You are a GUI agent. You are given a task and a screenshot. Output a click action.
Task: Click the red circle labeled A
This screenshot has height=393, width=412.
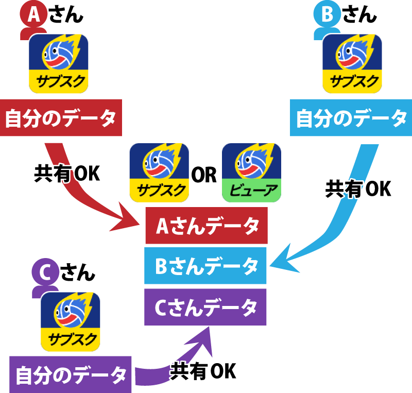[33, 14]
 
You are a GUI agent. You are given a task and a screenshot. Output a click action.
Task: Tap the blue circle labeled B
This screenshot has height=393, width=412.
[327, 14]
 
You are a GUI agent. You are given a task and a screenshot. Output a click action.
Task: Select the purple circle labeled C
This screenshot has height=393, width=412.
[45, 273]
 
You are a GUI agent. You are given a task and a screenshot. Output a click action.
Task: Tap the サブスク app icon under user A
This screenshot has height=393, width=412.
[59, 63]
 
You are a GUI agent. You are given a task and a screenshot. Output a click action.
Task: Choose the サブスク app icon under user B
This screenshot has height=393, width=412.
[352, 63]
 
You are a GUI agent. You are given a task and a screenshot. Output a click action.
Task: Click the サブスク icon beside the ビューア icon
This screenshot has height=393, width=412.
[159, 172]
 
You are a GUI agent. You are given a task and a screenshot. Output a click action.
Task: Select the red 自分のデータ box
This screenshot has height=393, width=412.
[61, 118]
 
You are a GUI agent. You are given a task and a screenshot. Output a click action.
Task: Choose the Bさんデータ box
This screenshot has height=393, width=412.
[205, 266]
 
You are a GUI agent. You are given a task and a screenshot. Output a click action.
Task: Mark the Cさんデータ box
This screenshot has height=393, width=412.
[205, 307]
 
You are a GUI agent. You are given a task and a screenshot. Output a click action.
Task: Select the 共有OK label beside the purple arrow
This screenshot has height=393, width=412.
[202, 371]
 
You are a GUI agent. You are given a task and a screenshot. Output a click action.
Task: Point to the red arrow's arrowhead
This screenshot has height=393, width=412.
[129, 218]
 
